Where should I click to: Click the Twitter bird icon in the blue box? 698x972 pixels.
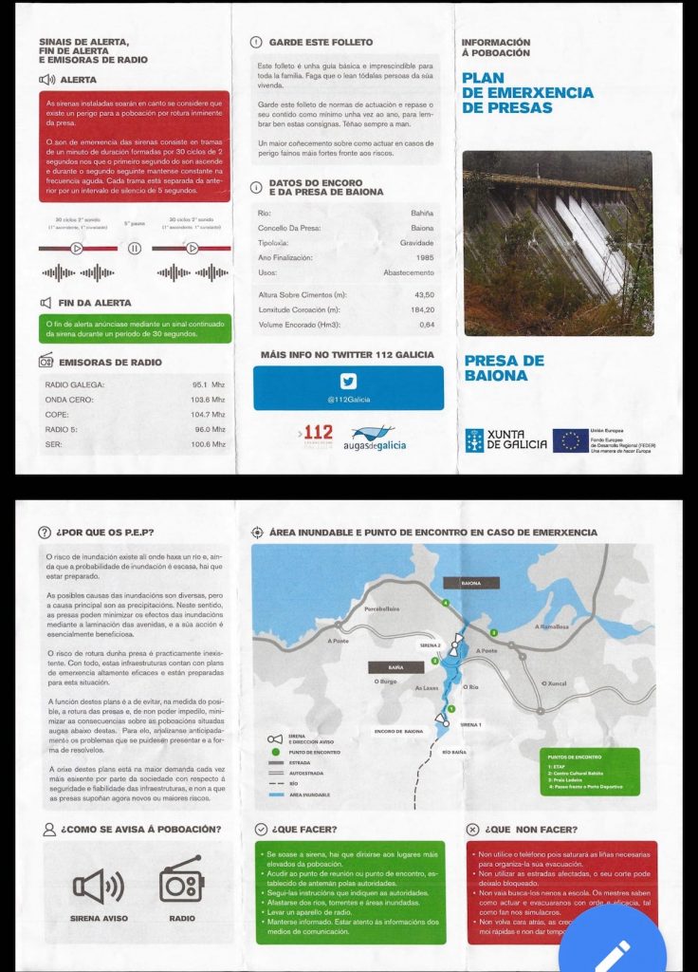(348, 382)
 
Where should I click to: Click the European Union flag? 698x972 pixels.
(570, 439)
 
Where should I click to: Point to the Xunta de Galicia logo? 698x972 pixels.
(506, 440)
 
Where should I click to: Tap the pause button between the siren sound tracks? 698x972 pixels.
(135, 249)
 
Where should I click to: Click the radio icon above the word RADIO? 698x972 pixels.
(181, 885)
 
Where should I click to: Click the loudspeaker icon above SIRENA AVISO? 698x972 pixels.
(99, 886)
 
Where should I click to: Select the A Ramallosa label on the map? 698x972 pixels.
(551, 627)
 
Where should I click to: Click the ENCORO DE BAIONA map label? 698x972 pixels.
(399, 731)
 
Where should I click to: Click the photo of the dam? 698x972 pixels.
(558, 243)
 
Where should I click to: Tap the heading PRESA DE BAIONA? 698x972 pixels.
(504, 368)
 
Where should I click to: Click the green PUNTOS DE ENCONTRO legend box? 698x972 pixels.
(592, 771)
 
